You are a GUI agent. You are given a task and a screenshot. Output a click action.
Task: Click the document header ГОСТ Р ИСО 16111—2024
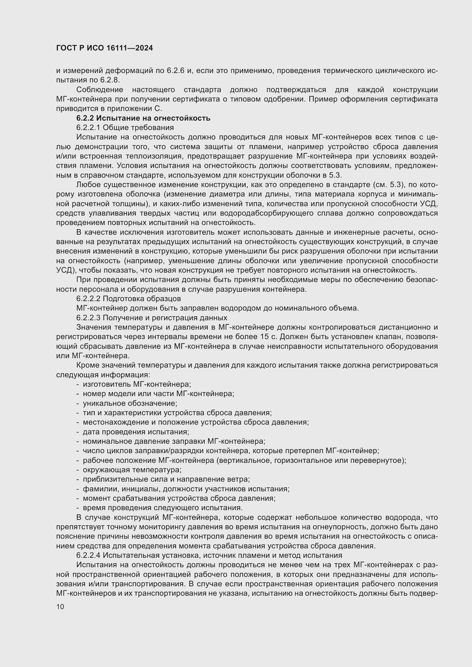point(104,48)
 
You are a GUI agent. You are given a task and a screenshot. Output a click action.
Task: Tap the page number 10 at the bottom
point(60,607)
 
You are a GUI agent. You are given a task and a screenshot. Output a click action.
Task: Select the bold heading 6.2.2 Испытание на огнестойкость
point(143,118)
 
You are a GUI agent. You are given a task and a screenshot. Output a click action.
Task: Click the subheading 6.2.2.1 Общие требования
point(125,127)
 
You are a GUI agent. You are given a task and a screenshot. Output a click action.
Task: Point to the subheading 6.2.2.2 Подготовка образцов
point(128,299)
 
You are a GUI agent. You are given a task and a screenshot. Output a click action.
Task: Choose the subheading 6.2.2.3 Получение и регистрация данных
point(152,317)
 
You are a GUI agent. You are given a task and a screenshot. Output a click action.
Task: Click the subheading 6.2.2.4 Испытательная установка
point(209,556)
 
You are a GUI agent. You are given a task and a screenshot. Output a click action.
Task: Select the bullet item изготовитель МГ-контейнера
point(137,384)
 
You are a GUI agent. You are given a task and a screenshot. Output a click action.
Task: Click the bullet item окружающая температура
point(132,470)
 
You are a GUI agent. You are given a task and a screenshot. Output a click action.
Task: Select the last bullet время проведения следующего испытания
point(162,508)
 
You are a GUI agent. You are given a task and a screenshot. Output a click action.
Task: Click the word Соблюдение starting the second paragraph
point(100,90)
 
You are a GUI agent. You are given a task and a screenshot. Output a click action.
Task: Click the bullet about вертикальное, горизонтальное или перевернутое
point(244,460)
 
